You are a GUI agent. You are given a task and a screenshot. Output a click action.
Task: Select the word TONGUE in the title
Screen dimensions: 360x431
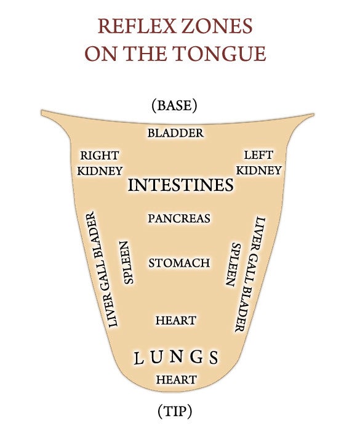click(x=219, y=54)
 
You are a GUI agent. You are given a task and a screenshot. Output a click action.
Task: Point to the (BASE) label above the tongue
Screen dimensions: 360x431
click(x=175, y=105)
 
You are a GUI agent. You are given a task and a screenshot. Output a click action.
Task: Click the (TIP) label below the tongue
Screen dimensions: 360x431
click(x=175, y=411)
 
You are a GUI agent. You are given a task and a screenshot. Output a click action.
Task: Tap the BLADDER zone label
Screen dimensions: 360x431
click(x=175, y=133)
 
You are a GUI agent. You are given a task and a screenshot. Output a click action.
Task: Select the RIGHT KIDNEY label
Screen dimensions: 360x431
click(x=100, y=163)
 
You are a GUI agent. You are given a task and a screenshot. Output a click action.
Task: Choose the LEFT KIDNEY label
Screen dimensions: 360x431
click(x=259, y=163)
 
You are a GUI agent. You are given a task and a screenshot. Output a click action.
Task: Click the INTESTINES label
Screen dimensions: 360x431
click(x=180, y=185)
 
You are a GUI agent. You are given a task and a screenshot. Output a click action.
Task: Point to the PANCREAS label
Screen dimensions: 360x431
click(x=179, y=219)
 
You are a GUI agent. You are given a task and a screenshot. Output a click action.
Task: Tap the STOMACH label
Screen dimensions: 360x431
click(x=179, y=263)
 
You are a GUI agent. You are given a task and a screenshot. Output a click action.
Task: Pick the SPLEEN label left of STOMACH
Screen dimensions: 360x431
click(x=127, y=262)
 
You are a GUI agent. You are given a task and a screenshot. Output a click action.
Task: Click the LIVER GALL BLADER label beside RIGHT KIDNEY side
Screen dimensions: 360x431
click(x=102, y=270)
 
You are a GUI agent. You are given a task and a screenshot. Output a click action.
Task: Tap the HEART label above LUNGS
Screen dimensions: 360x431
click(x=176, y=321)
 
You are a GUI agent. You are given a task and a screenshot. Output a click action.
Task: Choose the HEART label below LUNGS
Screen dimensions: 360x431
click(x=177, y=380)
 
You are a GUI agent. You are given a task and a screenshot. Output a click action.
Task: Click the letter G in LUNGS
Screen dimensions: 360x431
click(x=197, y=356)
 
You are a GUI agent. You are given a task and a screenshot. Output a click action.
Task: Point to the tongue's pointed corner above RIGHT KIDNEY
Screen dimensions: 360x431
click(x=41, y=111)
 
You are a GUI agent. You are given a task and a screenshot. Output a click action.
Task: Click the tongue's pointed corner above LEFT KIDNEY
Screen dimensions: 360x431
click(x=314, y=114)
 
